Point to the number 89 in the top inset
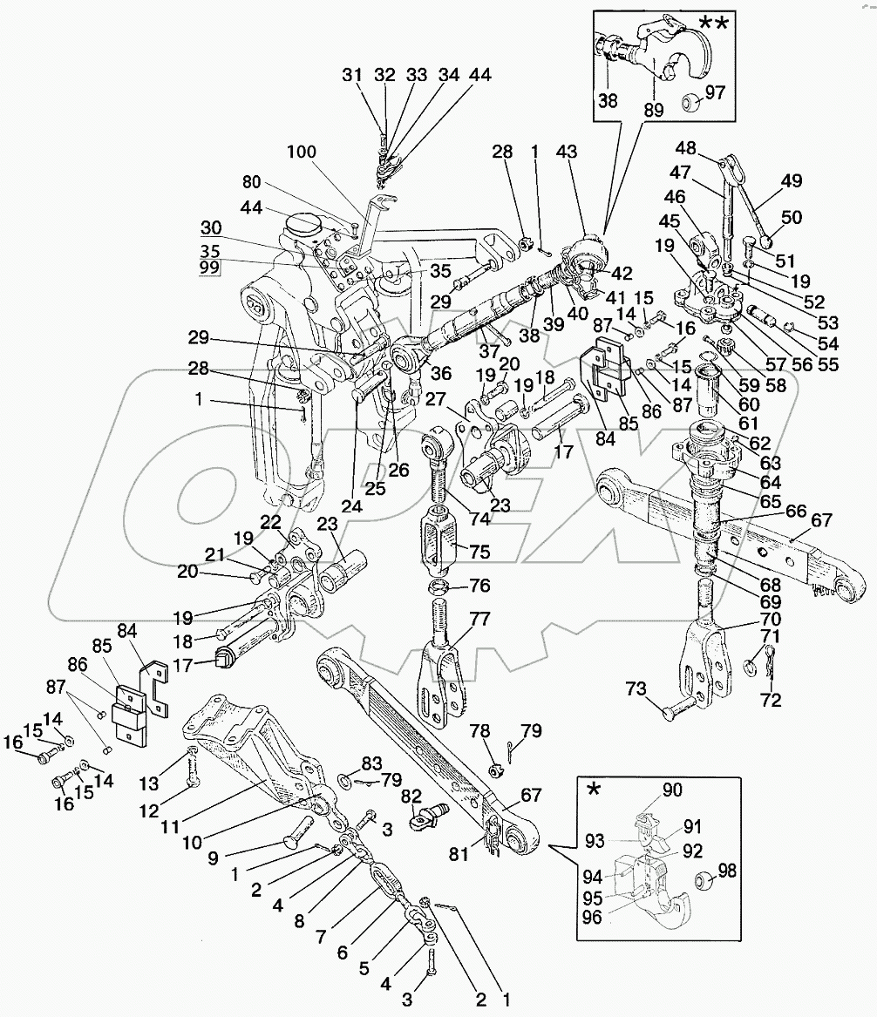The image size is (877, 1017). (x=652, y=111)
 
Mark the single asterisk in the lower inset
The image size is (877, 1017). (x=595, y=790)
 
